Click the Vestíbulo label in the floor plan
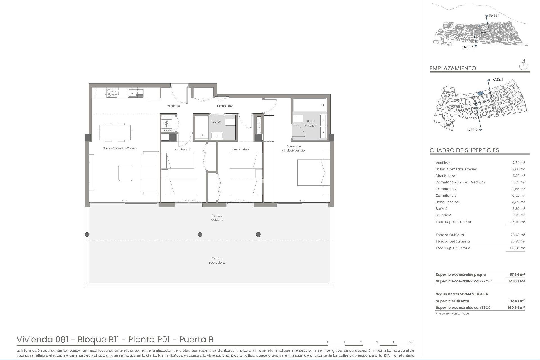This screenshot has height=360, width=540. click(x=173, y=106)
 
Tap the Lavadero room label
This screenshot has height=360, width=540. click(x=168, y=130)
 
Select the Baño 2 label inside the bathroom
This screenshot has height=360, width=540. click(x=216, y=122)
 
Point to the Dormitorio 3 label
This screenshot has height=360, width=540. click(x=182, y=150)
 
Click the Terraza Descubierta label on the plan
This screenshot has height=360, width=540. click(x=217, y=260)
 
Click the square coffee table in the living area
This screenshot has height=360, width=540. click(x=125, y=173)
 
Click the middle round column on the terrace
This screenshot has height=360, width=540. click(x=200, y=234)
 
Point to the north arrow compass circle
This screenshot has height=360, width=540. click(x=523, y=67)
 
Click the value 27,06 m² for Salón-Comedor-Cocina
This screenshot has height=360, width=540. click(x=517, y=169)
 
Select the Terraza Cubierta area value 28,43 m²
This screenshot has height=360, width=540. click(x=517, y=235)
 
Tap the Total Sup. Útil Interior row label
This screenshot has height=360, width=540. click(x=453, y=222)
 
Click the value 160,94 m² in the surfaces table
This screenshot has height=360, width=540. click(x=517, y=308)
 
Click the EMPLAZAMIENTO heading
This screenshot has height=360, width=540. click(x=453, y=68)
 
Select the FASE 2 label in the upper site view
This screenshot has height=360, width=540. click(x=467, y=47)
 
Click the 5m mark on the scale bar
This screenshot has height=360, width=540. click(x=411, y=342)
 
